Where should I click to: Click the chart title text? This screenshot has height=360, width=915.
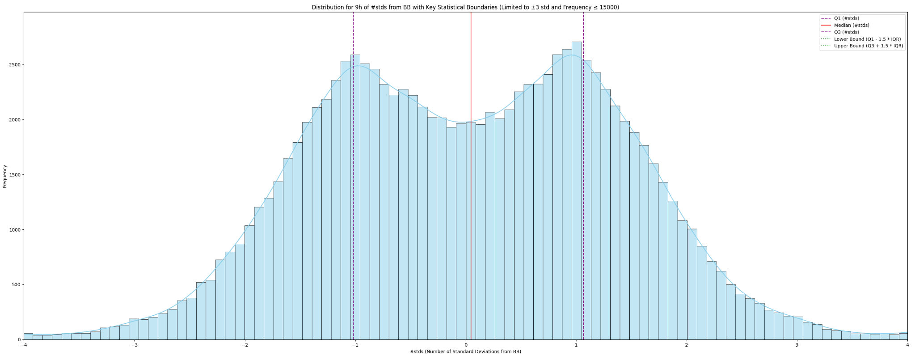click(465, 7)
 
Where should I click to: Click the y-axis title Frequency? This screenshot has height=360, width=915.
click(5, 176)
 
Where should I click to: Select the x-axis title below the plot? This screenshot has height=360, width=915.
click(465, 352)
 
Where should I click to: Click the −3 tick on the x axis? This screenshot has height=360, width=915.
click(134, 345)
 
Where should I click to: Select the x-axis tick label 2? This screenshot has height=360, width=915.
click(687, 345)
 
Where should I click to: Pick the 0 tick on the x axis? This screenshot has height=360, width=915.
click(466, 345)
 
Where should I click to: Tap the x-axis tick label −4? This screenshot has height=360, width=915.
click(23, 345)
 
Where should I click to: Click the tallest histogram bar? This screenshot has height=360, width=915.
click(577, 192)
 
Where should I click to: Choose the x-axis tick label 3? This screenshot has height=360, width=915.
click(797, 345)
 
